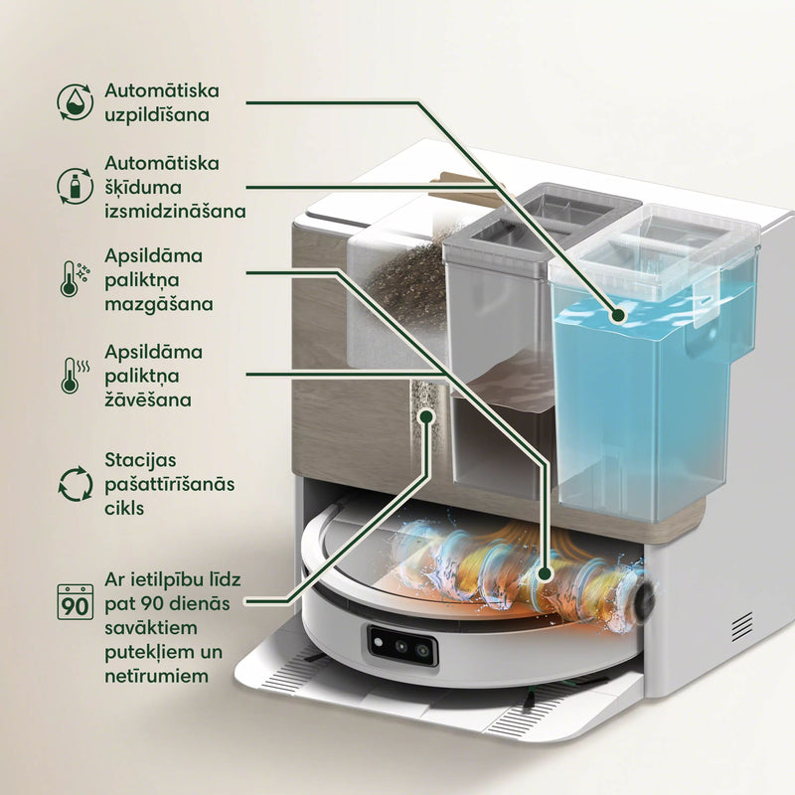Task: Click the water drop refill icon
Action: [x=76, y=102]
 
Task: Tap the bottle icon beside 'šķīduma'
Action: [x=76, y=186]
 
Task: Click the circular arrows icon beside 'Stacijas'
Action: [x=76, y=484]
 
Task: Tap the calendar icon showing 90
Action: [x=76, y=602]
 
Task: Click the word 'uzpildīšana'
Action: [x=157, y=115]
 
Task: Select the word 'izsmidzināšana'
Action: [x=176, y=211]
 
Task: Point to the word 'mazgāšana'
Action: [x=159, y=305]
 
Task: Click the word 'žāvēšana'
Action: [x=148, y=400]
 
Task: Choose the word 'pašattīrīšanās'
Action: [x=169, y=485]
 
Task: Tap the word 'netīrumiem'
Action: [x=157, y=676]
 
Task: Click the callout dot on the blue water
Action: [x=617, y=315]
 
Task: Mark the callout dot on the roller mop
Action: [x=545, y=573]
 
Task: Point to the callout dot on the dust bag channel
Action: [x=427, y=416]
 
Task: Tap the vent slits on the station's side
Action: [x=741, y=626]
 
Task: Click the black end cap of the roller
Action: [x=644, y=601]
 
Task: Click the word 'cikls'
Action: [x=125, y=508]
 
